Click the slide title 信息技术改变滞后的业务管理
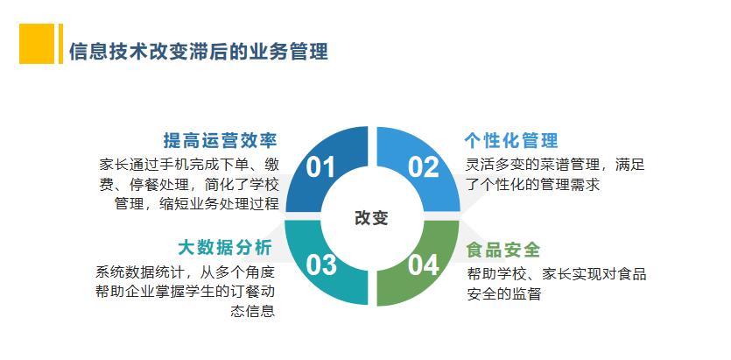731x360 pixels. click(x=199, y=52)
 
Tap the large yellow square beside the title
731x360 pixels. click(x=37, y=44)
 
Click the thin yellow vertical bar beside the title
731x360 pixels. click(x=60, y=44)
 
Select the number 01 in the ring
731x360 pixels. click(x=320, y=167)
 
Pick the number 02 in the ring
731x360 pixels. click(x=424, y=167)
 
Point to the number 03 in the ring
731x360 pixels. click(x=321, y=265)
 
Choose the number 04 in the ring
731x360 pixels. click(x=424, y=265)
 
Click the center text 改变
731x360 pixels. click(x=371, y=217)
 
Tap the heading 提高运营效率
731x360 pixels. click(x=220, y=140)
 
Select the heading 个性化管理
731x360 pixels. click(x=511, y=140)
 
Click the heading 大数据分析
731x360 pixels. click(x=225, y=248)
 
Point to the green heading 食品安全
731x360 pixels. click(x=503, y=250)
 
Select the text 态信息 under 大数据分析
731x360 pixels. click(x=253, y=311)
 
